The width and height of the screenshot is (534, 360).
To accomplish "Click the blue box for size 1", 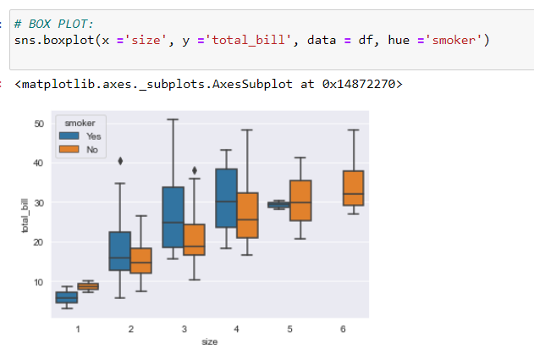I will [x=66, y=297].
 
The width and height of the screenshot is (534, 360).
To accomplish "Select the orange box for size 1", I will [x=88, y=286].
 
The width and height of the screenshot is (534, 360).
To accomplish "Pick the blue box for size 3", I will [x=173, y=217].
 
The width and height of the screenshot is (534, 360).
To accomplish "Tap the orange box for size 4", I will [x=247, y=215].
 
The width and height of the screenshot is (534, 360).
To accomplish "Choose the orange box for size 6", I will [x=353, y=187].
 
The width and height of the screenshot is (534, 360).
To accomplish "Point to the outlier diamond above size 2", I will [x=120, y=160].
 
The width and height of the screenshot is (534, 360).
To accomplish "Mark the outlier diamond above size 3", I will [x=195, y=170].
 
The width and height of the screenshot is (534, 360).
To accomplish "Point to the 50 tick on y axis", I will [x=38, y=124].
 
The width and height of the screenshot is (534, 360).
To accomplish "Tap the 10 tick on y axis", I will [x=38, y=282].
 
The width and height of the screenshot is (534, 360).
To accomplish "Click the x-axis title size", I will [x=209, y=341].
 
